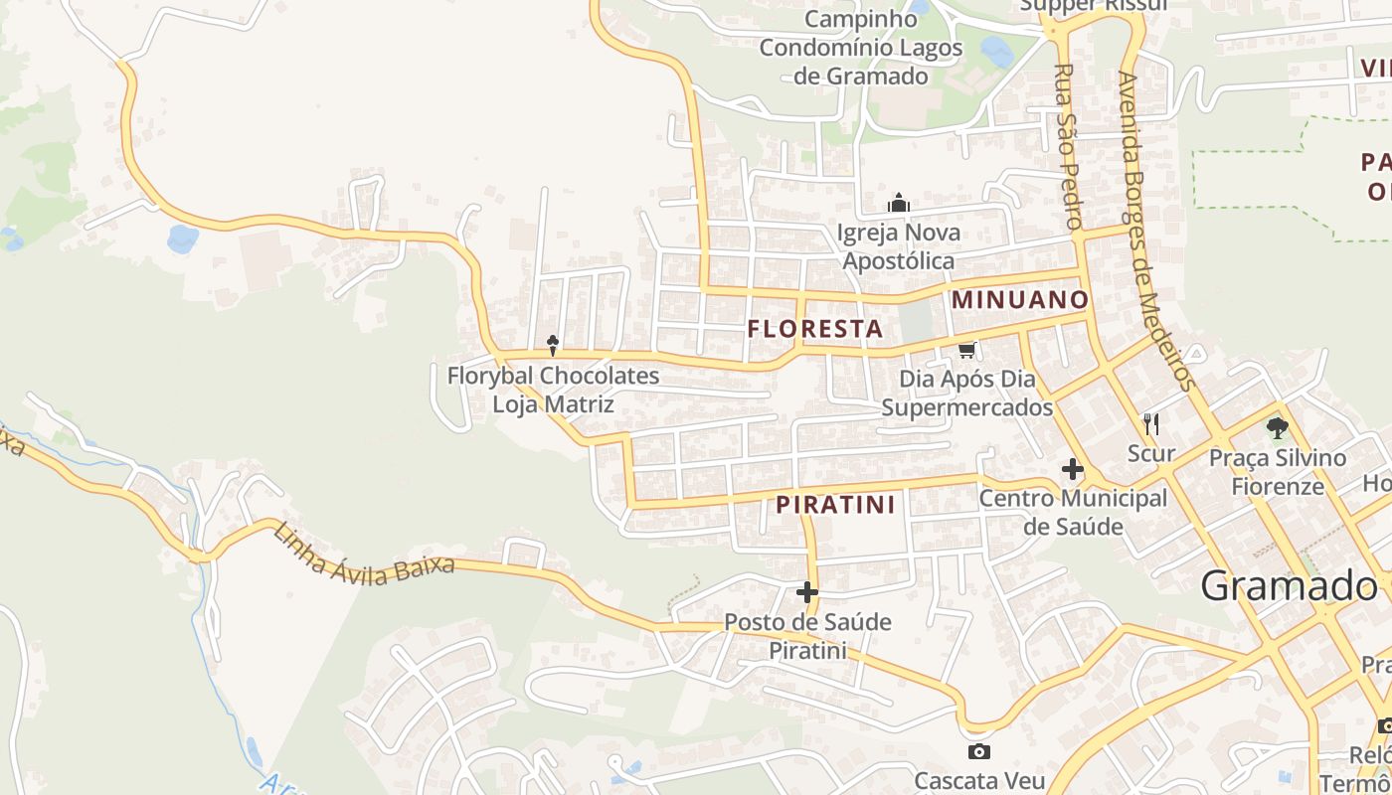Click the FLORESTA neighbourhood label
coord(815,329)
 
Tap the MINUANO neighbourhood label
coord(1020,299)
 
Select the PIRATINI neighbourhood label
coord(835,505)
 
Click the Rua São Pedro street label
coord(1067,147)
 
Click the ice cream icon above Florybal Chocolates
coord(553,345)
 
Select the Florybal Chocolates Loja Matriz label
coord(553,391)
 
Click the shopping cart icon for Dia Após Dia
coord(967,350)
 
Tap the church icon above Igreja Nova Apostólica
coord(899,204)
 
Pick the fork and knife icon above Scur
coord(1151,424)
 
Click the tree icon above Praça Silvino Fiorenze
coord(1278,428)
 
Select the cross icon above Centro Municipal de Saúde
coord(1073,469)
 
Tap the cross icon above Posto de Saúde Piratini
coord(807,593)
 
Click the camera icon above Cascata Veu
coord(978,751)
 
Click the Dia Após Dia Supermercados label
coord(967,394)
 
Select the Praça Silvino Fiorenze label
coord(1278,472)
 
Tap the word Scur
coord(1151,454)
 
